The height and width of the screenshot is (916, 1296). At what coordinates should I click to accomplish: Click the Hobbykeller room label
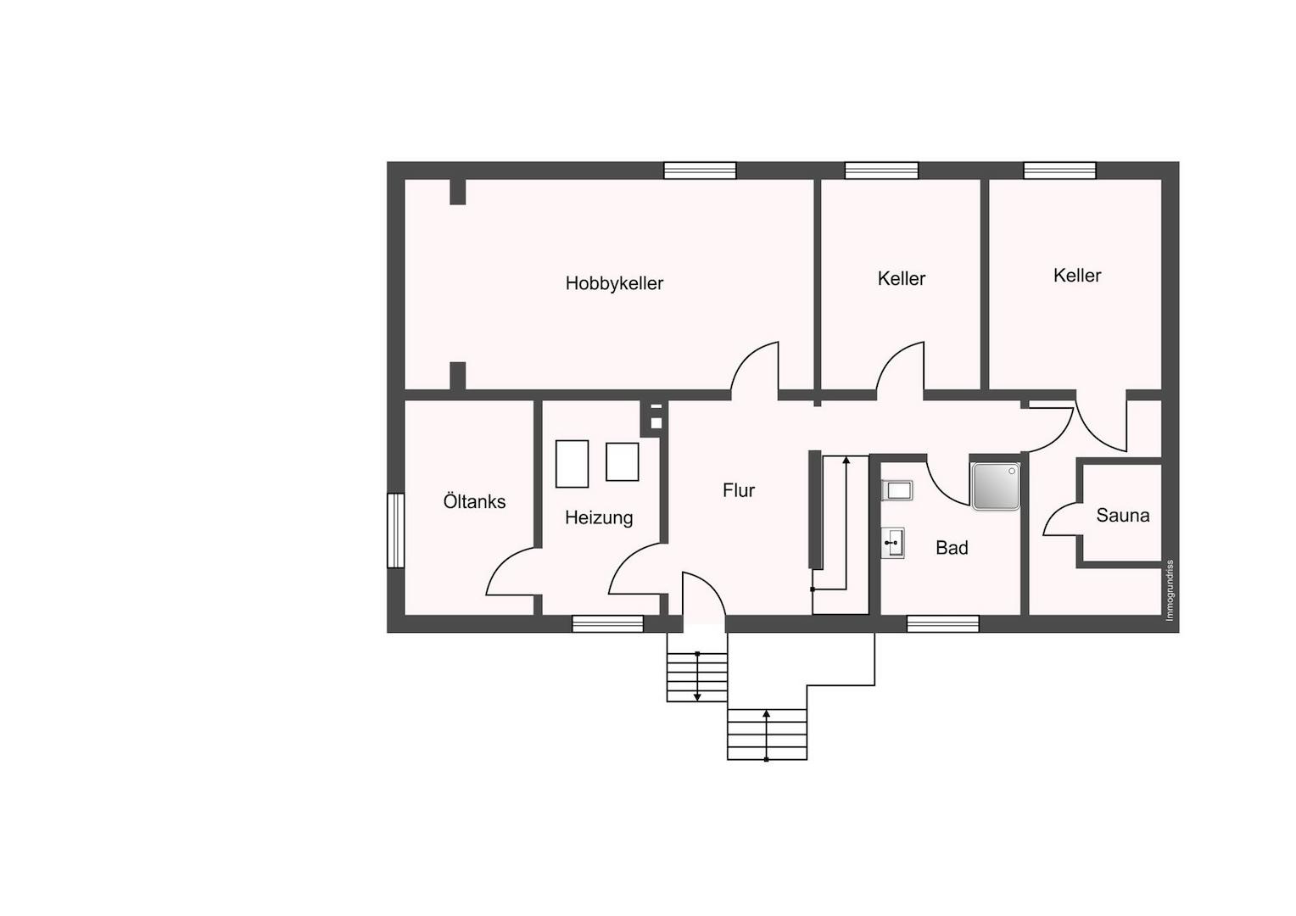pyautogui.click(x=614, y=283)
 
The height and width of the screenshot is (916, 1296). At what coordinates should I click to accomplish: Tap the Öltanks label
pyautogui.click(x=474, y=501)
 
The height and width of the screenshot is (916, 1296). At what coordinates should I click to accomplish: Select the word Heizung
pyautogui.click(x=599, y=517)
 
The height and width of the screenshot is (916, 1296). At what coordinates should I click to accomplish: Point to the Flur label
pyautogui.click(x=739, y=490)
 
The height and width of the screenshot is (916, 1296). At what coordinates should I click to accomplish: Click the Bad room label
pyautogui.click(x=952, y=547)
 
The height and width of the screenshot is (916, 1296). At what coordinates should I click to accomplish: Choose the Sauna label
pyautogui.click(x=1122, y=515)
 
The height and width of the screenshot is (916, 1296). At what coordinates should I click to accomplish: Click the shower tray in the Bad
pyautogui.click(x=996, y=486)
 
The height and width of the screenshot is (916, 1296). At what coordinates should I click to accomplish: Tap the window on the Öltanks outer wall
pyautogui.click(x=396, y=531)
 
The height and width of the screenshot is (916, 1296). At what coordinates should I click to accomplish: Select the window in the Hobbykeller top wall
pyautogui.click(x=700, y=170)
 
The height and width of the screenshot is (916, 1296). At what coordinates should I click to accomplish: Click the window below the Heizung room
pyautogui.click(x=607, y=623)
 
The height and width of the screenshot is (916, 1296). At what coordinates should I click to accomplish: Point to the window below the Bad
pyautogui.click(x=942, y=623)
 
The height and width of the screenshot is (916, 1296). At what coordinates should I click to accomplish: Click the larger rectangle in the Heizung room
pyautogui.click(x=573, y=464)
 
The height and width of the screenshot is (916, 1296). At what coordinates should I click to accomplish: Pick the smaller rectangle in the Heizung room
pyautogui.click(x=623, y=461)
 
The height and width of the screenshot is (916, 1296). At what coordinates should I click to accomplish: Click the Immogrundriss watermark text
pyautogui.click(x=1170, y=591)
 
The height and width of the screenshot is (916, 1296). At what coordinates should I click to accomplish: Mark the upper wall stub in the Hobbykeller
pyautogui.click(x=458, y=193)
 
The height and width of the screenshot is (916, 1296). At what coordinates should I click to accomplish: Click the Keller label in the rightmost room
pyautogui.click(x=1076, y=276)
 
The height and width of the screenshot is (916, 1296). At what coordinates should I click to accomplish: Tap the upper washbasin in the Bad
pyautogui.click(x=897, y=490)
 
